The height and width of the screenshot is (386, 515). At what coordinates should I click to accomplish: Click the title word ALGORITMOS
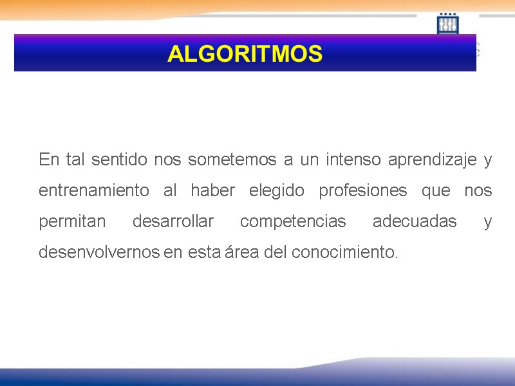(x=245, y=54)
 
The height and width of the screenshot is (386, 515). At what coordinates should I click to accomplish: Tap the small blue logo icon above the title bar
(x=447, y=24)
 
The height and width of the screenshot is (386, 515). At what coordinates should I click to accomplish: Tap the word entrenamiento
(x=94, y=191)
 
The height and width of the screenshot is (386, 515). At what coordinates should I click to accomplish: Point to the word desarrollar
(x=173, y=222)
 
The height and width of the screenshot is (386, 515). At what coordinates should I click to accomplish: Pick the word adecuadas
(x=415, y=222)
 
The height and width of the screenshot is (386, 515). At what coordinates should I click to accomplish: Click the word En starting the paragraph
(x=48, y=160)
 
